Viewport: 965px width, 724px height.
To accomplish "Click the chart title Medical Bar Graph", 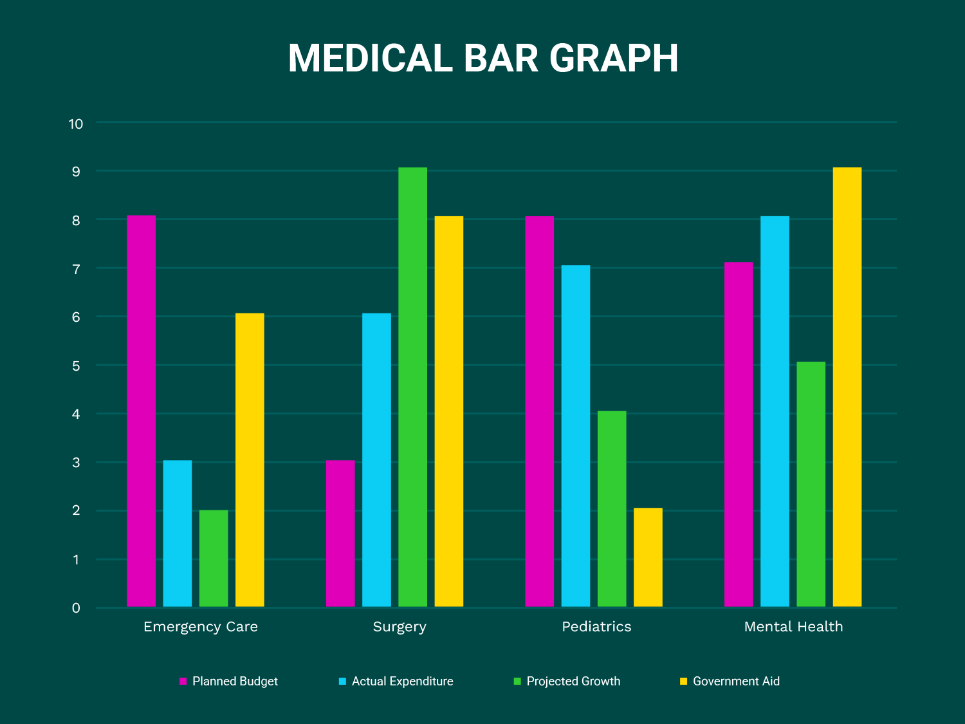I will tap(482, 59).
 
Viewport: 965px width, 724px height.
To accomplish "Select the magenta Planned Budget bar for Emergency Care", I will tap(141, 412).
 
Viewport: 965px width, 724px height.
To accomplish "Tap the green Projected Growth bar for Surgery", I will tap(412, 386).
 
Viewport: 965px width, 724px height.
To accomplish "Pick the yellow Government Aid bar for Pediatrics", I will tap(648, 557).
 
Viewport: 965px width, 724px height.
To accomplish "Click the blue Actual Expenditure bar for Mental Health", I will tap(775, 412).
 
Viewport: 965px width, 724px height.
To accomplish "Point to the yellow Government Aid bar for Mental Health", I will tap(847, 386).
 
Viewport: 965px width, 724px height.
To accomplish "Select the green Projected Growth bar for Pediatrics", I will tap(612, 508).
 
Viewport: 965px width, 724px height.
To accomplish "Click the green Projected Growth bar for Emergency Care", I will tap(214, 559).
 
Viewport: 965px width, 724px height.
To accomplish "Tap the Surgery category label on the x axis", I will tap(400, 627).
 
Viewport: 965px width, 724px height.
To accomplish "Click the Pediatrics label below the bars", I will tap(596, 627).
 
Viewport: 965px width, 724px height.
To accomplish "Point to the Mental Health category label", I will tap(793, 627).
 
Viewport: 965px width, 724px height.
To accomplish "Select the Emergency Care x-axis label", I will tap(201, 627).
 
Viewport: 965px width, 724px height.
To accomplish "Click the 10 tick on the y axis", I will tap(76, 124).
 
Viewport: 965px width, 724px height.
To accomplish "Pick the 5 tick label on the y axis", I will tap(76, 366).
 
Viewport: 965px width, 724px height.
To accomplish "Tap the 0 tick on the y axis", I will tap(76, 608).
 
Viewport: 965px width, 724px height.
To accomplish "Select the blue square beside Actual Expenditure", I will tap(343, 681).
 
